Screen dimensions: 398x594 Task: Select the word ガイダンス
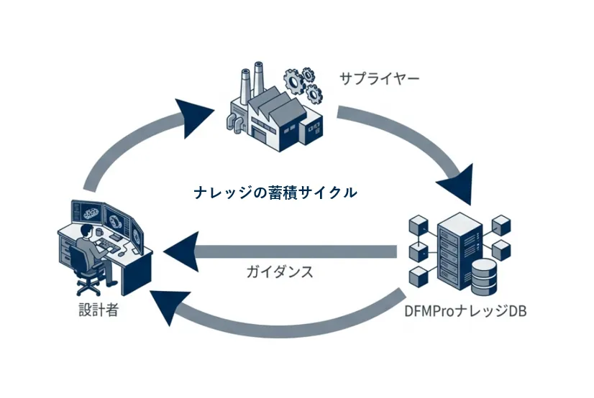pos(280,273)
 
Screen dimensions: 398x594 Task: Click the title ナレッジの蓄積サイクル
pos(275,193)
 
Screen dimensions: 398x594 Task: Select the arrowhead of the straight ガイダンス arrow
pos(181,251)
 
